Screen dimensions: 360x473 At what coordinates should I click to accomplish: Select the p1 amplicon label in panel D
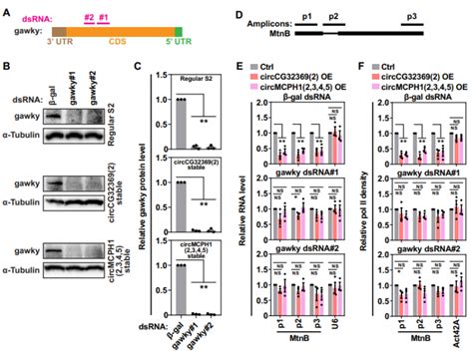tap(308, 18)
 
